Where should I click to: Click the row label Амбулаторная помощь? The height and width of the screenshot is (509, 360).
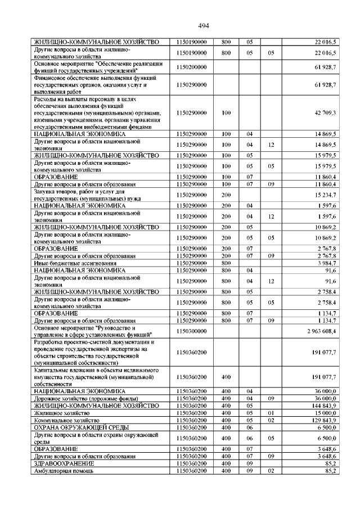62,471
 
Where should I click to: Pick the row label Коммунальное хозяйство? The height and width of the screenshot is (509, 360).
67,420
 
